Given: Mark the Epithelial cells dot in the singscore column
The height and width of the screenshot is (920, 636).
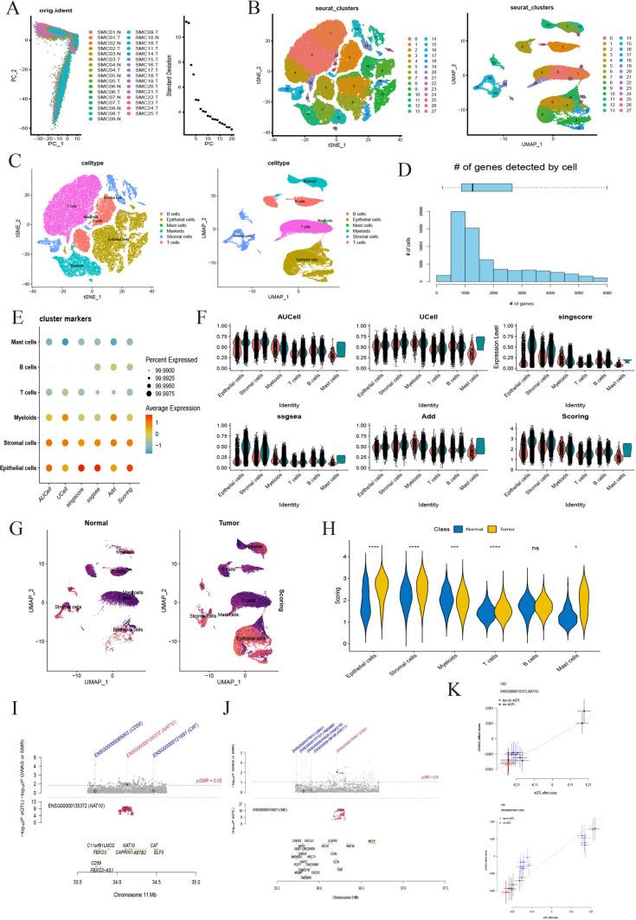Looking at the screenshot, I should click(103, 468).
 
